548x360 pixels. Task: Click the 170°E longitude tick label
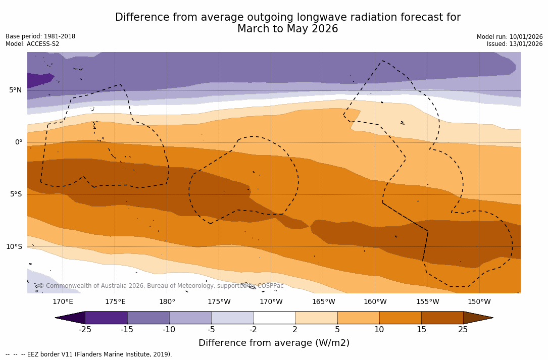pyautogui.click(x=63, y=302)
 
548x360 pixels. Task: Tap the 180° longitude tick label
pyautogui.click(x=167, y=302)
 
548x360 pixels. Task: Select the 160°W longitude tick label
pyautogui.click(x=375, y=302)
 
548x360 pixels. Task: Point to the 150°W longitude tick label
pyautogui.click(x=479, y=302)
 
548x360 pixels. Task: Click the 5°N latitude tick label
pyautogui.click(x=15, y=90)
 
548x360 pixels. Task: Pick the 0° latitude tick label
pyautogui.click(x=19, y=142)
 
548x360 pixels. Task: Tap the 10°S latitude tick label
pyautogui.click(x=14, y=247)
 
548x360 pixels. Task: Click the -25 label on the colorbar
pyautogui.click(x=85, y=330)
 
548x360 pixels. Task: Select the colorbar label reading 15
pyautogui.click(x=421, y=330)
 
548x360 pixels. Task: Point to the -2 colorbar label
pyautogui.click(x=253, y=330)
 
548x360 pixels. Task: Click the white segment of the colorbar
pyautogui.click(x=274, y=318)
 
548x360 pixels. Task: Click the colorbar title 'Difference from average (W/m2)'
pyautogui.click(x=274, y=343)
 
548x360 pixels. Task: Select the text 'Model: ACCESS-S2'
pyautogui.click(x=32, y=44)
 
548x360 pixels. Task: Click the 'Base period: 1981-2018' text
pyautogui.click(x=40, y=36)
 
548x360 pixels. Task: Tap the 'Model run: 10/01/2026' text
pyautogui.click(x=510, y=37)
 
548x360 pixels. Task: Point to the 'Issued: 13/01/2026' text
pyautogui.click(x=515, y=44)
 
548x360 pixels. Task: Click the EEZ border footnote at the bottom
pyautogui.click(x=89, y=354)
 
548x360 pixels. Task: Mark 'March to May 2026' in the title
pyautogui.click(x=287, y=29)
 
